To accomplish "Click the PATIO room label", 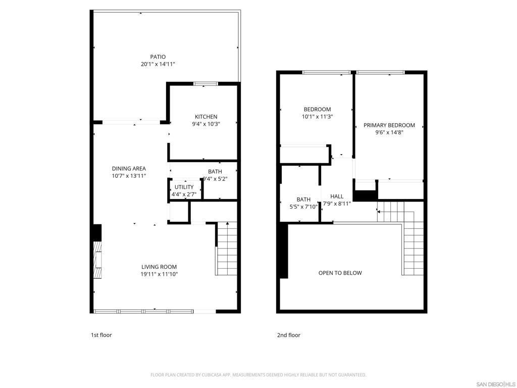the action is click(158, 57).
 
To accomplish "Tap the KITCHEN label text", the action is click(206, 117).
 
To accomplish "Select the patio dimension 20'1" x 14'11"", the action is click(158, 64).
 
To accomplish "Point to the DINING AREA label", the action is click(129, 169).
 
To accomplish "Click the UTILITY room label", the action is click(184, 187).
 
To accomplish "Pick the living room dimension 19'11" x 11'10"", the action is click(159, 274).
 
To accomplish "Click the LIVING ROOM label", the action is click(159, 267).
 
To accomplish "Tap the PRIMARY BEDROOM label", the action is click(389, 125).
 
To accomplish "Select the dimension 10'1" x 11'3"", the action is click(317, 117).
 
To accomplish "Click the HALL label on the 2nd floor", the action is click(337, 197).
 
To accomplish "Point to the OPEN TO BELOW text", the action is click(340, 273).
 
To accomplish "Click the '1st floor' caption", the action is click(101, 335).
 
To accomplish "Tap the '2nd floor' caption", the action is click(288, 335).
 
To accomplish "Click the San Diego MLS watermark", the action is click(496, 384).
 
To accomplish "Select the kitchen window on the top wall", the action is click(206, 84).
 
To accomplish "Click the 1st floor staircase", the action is click(227, 249).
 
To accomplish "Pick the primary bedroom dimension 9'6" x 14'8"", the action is click(389, 133).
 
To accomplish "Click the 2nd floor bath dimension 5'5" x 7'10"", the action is click(303, 207).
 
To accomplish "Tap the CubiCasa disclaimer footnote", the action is click(258, 375).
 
